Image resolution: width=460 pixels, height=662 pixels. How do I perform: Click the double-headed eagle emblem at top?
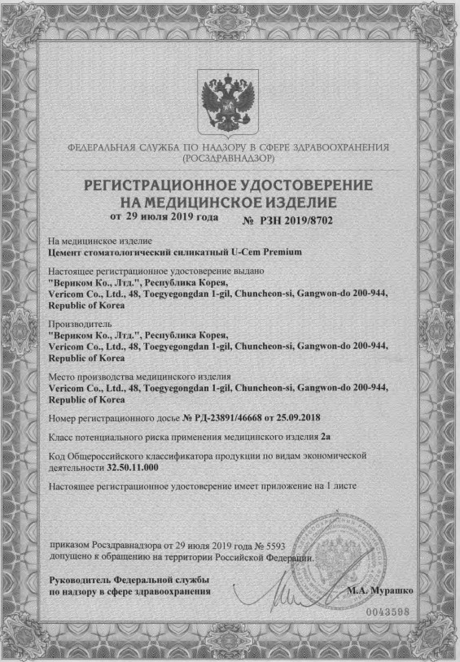(x=230, y=99)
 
